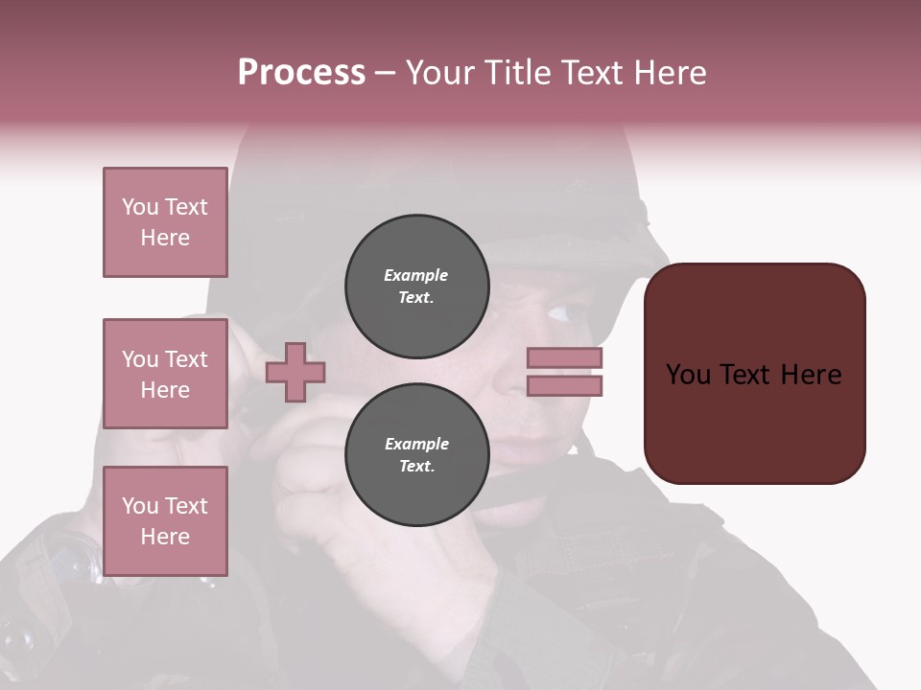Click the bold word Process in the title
coord(301,72)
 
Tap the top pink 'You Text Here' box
coord(165,222)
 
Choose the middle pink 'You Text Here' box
coord(165,374)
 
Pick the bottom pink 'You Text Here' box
coord(165,521)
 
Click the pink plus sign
coord(295,372)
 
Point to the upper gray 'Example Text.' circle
coord(417,287)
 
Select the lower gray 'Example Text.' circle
coord(417,454)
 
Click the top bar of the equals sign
coord(564,358)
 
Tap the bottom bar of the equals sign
coord(564,386)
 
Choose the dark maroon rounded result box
coord(754,374)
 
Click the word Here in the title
coord(668,73)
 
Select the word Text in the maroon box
coord(753,375)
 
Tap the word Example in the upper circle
coord(415,275)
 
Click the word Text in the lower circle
coord(416,466)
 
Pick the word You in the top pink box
coord(140,207)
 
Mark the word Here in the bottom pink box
coord(165,537)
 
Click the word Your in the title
coord(439,73)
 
